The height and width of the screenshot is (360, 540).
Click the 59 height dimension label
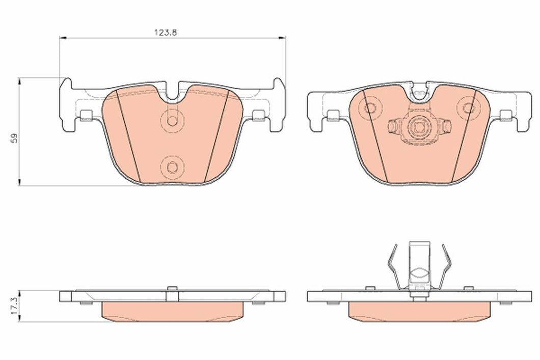pos(14,139)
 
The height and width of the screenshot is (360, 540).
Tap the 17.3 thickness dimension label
pos(14,307)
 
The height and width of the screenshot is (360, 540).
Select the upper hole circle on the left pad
pos(172,121)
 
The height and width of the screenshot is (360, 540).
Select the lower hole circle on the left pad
pos(172,167)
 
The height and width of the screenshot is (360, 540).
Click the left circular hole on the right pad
pos(370,108)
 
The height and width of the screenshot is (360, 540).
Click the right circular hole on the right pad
pos(468,108)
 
